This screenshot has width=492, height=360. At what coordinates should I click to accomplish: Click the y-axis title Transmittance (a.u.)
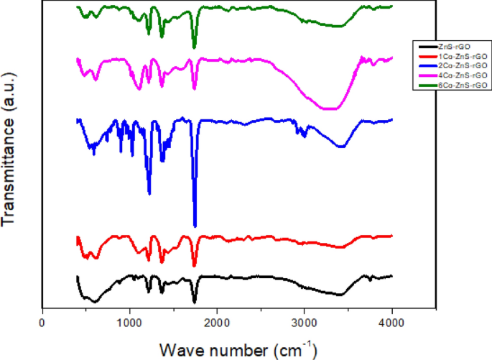[x=10, y=165]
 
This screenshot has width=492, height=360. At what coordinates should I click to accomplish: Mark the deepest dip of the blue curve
[x=195, y=225]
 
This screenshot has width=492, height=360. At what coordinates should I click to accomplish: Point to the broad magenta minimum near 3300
[x=328, y=109]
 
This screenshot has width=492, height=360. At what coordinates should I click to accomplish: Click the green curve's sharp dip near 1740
[x=194, y=47]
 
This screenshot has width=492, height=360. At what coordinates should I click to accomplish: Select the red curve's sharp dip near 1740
[x=194, y=265]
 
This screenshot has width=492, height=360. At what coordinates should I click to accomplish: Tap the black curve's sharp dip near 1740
[x=194, y=303]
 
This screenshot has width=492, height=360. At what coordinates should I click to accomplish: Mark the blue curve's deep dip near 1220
[x=149, y=193]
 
